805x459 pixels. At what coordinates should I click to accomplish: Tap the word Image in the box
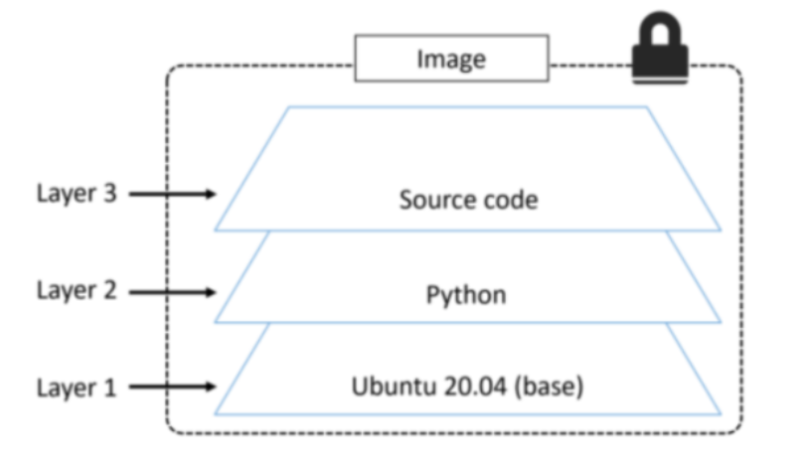click(x=451, y=60)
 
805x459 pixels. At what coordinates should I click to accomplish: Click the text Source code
click(x=468, y=199)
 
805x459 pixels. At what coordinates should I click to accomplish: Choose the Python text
click(x=466, y=295)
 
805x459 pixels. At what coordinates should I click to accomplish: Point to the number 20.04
click(x=459, y=385)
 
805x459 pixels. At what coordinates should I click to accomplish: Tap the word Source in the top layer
click(x=433, y=199)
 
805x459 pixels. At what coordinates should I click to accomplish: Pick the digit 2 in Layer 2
click(x=109, y=291)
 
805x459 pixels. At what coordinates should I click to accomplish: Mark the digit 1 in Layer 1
click(x=109, y=386)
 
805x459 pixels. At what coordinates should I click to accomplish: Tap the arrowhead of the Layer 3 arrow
click(x=208, y=194)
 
